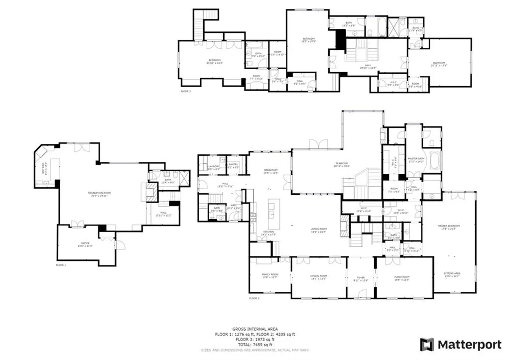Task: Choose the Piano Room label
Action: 402,277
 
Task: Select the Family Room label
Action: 269,275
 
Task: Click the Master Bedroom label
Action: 448,227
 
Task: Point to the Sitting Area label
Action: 452,274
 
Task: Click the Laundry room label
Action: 214,167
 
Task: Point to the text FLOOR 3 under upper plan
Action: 185,92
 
